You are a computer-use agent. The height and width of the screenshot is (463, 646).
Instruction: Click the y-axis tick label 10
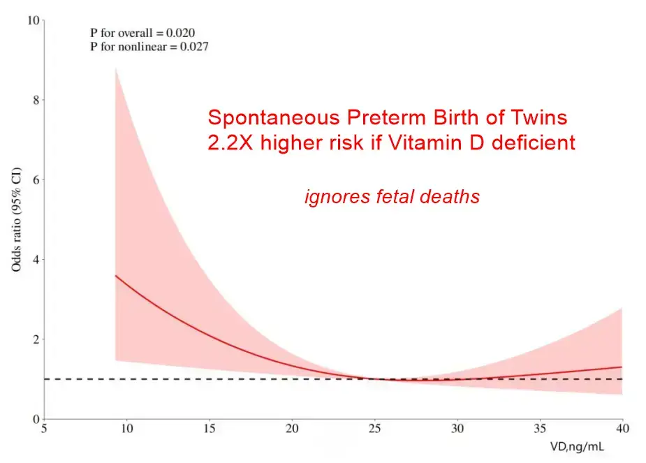(31, 20)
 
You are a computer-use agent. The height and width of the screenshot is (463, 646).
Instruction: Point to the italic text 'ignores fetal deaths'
(392, 197)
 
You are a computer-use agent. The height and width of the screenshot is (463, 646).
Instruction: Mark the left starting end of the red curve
(116, 276)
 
